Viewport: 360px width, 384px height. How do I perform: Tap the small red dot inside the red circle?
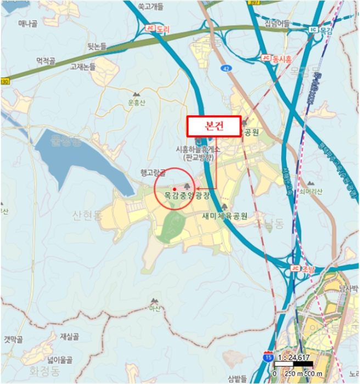(174, 189)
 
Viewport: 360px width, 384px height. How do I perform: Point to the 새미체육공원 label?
(224, 216)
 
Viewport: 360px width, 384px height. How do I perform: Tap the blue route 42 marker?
(226, 68)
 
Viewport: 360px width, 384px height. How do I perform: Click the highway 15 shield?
(268, 357)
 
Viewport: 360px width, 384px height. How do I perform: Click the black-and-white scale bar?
(293, 365)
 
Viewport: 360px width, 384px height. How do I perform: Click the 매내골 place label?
(27, 23)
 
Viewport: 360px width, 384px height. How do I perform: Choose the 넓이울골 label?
(60, 360)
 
